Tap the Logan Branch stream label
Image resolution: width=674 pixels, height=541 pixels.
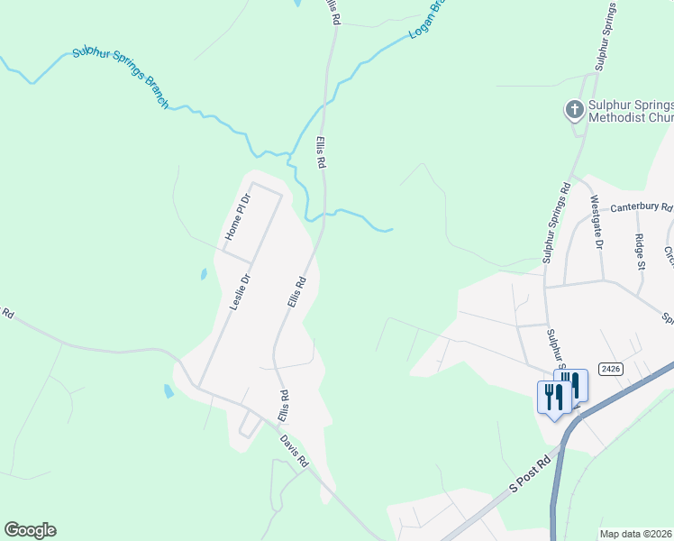point(427,20)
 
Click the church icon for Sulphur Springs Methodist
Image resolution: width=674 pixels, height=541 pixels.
point(573,110)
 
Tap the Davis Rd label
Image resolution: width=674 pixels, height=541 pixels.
point(295,451)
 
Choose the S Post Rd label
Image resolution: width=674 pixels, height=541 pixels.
point(529,475)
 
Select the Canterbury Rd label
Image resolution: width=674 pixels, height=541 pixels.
point(641,207)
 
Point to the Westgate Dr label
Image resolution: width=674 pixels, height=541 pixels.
point(596,222)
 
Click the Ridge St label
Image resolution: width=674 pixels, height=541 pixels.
point(640,252)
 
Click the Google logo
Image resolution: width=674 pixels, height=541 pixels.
point(30,530)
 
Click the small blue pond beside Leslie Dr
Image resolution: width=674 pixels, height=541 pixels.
point(204,273)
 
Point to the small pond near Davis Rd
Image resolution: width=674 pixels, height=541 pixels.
point(168,391)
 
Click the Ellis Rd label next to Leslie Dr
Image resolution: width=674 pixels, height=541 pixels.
point(297,293)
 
